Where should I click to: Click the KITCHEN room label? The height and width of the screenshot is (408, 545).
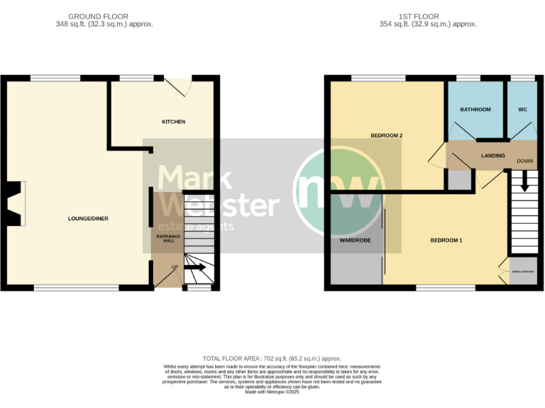click(173, 122)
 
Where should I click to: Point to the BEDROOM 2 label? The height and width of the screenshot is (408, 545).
click(387, 135)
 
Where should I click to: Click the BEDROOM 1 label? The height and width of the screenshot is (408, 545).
click(446, 241)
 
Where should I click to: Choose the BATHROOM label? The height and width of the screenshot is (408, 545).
click(475, 110)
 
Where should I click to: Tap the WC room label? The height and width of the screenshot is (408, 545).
click(522, 110)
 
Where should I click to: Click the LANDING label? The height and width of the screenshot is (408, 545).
click(492, 156)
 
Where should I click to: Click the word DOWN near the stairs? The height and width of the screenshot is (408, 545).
click(524, 161)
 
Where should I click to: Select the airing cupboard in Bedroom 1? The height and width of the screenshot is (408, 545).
click(523, 273)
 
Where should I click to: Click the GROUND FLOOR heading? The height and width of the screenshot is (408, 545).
click(104, 16)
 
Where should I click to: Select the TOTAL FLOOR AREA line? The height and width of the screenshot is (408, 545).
click(272, 359)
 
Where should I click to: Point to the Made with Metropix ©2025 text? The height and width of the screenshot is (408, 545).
click(272, 392)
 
